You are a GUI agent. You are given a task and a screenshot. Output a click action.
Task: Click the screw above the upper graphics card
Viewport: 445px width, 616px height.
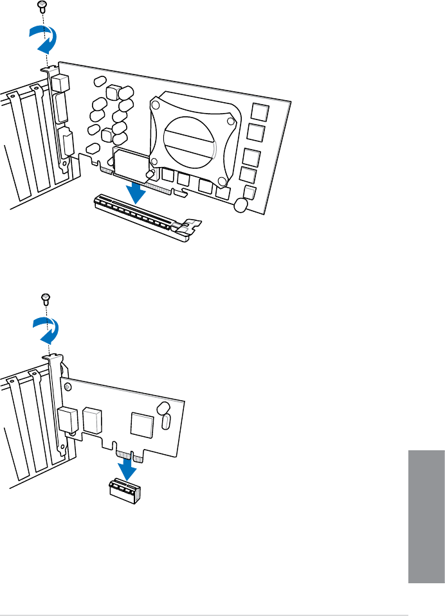coord(42,6)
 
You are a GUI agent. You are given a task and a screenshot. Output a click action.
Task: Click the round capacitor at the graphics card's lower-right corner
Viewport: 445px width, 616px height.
coord(241,205)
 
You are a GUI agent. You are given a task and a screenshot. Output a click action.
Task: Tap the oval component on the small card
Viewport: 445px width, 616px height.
coord(167,422)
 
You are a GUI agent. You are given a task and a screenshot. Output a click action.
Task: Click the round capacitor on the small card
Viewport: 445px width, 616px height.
coord(163,407)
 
